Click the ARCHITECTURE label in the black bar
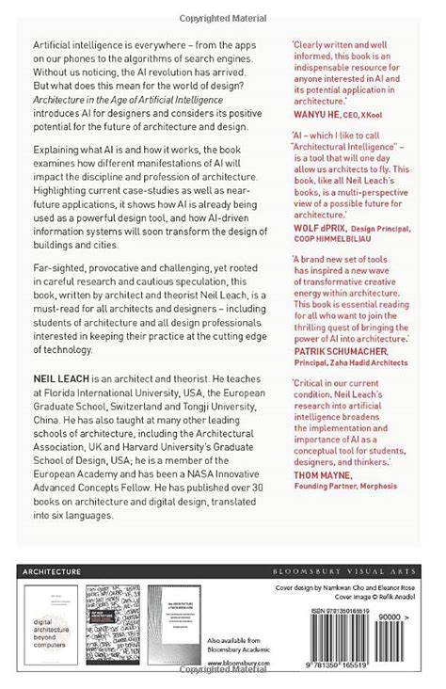(x=52, y=570)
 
